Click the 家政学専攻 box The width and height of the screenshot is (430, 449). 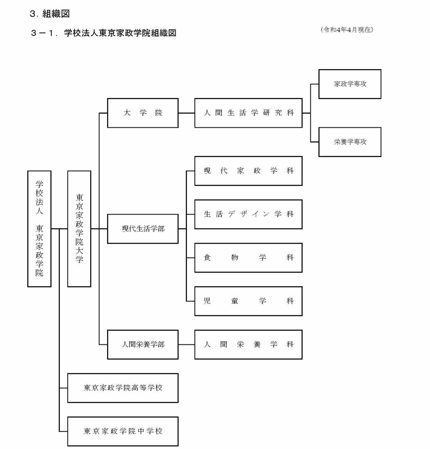[350, 84]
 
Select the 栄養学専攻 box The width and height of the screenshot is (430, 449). [350, 142]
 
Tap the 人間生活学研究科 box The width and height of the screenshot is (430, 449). [248, 113]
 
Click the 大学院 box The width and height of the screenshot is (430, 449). [143, 113]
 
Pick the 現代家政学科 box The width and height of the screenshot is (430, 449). [248, 171]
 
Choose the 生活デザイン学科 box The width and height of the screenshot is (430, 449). [248, 214]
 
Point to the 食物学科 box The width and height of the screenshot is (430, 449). [248, 258]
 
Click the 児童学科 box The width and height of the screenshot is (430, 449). [248, 301]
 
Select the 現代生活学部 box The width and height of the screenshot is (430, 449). [143, 229]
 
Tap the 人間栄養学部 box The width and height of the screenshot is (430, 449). [143, 345]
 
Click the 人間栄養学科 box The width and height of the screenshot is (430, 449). [248, 345]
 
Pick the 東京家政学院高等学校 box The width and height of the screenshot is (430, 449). [123, 388]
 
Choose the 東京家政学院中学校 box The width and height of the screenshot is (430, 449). [123, 431]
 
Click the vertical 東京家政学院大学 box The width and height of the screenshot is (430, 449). [79, 229]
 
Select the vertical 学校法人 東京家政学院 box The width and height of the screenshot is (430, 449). [39, 229]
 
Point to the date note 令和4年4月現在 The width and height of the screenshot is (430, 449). [346, 30]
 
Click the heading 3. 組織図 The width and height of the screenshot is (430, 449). [50, 14]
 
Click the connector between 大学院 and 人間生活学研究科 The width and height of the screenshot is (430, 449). [186, 113]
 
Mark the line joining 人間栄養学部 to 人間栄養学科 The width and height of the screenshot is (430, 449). [186, 345]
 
